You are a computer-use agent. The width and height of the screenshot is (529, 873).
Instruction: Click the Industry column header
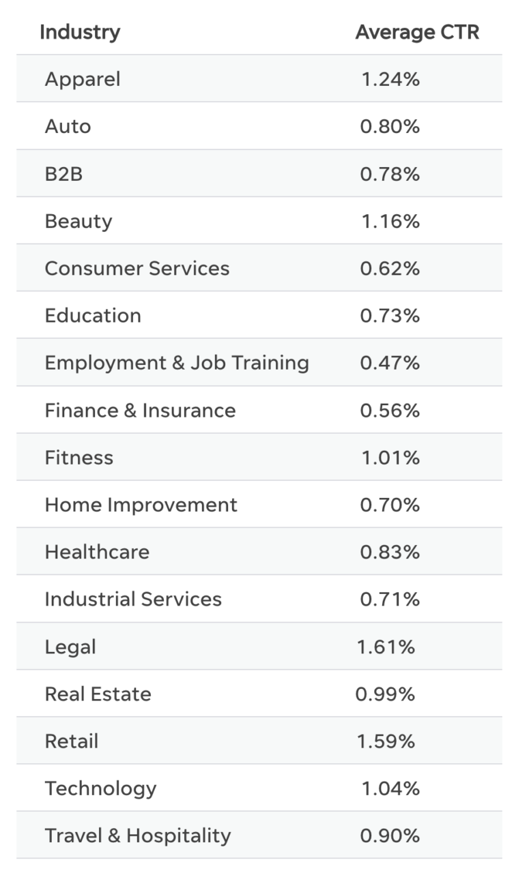pyautogui.click(x=80, y=32)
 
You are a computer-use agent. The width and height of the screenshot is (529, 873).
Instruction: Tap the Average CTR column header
pyautogui.click(x=417, y=32)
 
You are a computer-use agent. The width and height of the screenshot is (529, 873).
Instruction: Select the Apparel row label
pyautogui.click(x=83, y=79)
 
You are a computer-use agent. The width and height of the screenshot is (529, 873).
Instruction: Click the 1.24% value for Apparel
pyautogui.click(x=390, y=79)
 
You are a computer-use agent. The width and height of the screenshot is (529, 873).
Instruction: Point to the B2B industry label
pyautogui.click(x=63, y=174)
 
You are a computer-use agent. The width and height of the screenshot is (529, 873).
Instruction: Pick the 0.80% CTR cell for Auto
pyautogui.click(x=390, y=127)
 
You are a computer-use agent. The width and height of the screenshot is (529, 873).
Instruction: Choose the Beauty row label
pyautogui.click(x=78, y=221)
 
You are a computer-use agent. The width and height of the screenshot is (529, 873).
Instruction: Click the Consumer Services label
pyautogui.click(x=137, y=268)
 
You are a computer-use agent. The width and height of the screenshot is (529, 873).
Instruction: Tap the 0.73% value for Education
pyautogui.click(x=390, y=316)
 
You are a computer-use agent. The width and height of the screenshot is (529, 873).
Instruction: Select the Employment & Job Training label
pyautogui.click(x=177, y=363)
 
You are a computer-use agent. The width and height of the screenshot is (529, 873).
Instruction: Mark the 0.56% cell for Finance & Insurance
pyautogui.click(x=390, y=411)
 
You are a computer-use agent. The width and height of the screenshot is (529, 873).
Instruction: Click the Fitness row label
pyautogui.click(x=79, y=458)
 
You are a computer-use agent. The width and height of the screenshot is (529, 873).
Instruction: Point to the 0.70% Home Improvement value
pyautogui.click(x=390, y=505)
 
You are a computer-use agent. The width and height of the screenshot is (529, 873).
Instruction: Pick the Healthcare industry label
pyautogui.click(x=97, y=552)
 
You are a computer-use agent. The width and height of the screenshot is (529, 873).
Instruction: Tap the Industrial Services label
pyautogui.click(x=133, y=600)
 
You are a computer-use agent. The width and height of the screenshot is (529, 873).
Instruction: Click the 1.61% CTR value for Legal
pyautogui.click(x=386, y=647)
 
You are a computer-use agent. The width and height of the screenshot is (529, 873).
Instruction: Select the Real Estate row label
pyautogui.click(x=98, y=694)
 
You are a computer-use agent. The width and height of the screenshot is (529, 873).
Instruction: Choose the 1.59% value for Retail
pyautogui.click(x=386, y=741)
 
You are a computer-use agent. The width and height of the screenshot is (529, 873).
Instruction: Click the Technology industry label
pyautogui.click(x=101, y=788)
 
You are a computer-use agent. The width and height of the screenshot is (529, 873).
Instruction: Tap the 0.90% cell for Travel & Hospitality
pyautogui.click(x=390, y=836)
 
